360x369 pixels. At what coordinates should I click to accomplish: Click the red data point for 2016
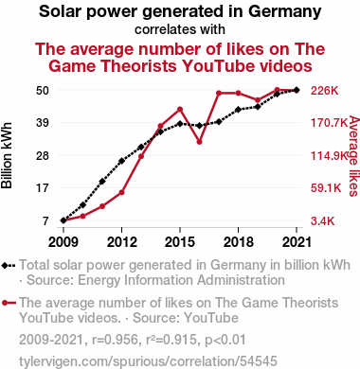199,142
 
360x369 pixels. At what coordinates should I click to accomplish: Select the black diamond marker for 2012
121,161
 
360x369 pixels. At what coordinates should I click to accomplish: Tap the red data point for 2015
180,110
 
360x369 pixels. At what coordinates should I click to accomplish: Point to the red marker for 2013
141,156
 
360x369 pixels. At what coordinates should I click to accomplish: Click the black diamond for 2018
239,110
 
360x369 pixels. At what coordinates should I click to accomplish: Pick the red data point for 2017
219,93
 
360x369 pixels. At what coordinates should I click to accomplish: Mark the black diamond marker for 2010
82,205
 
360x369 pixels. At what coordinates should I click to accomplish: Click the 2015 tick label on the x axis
180,242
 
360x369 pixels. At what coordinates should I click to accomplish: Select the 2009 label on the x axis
63,242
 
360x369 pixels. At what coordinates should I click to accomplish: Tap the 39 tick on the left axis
43,122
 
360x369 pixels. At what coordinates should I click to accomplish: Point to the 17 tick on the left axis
43,188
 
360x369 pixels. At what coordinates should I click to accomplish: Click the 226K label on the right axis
325,91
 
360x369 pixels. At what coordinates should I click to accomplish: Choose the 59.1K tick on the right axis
326,188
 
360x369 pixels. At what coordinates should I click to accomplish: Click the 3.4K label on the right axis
323,221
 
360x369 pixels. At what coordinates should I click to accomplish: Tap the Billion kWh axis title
7,155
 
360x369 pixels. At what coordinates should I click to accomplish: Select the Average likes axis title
354,156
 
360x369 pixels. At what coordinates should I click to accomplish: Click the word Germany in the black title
285,11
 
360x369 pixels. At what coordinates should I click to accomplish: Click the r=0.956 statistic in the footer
116,340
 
